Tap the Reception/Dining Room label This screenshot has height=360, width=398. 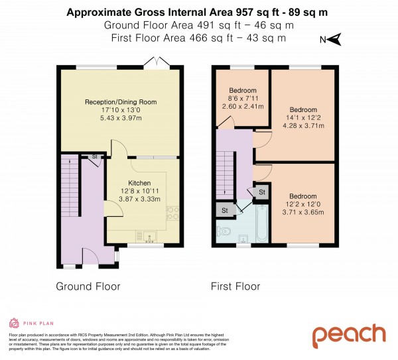[x=120, y=101]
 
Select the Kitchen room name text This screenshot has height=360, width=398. [x=139, y=183]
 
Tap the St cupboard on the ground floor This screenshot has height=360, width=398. [x=95, y=157]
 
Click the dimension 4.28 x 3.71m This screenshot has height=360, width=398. [x=303, y=125]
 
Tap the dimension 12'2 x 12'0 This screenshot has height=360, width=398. [x=302, y=204]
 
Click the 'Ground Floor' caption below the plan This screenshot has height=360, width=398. [x=88, y=286]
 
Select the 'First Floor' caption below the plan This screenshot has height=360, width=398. [x=235, y=286]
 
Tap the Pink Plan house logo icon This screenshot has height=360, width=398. [x=14, y=323]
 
